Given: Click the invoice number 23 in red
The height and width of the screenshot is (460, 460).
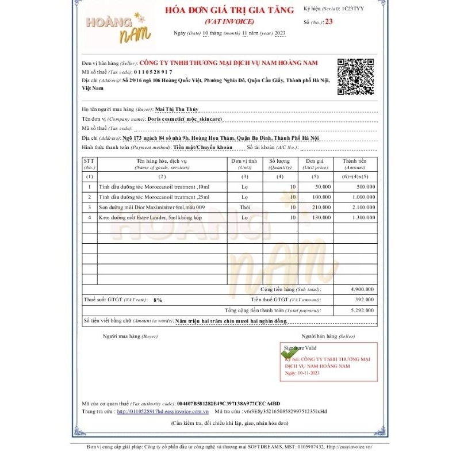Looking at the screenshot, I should pyautogui.click(x=328, y=22).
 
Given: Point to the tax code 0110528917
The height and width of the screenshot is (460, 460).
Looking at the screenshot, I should pyautogui.click(x=152, y=72).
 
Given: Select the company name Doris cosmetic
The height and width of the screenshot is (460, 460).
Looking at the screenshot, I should pyautogui.click(x=185, y=118).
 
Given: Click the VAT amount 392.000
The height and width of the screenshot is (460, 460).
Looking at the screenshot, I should pyautogui.click(x=365, y=300).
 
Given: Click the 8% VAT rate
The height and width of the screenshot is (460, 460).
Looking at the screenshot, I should pyautogui.click(x=158, y=300).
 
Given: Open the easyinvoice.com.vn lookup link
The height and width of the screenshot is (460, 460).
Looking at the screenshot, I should pyautogui.click(x=163, y=412).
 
